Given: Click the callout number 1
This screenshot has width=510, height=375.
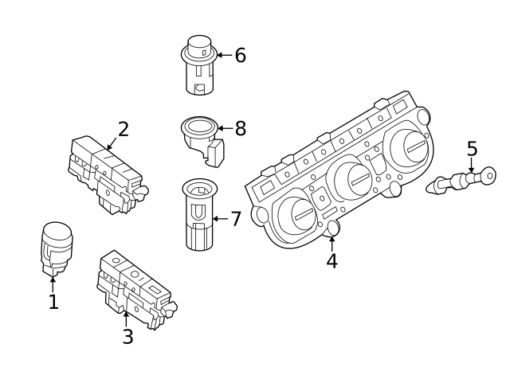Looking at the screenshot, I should coord(53,303).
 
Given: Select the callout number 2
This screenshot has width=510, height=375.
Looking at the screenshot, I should coord(123,128).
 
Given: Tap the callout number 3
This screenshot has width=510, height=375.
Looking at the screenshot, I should coord(127,336).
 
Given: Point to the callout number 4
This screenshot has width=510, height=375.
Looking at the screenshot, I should coord(331,261).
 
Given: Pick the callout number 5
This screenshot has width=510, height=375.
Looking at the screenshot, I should coord(472,148).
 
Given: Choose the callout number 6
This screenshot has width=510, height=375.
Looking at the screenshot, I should coord(239,55).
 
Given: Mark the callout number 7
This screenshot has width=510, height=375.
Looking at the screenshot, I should coord(235,219).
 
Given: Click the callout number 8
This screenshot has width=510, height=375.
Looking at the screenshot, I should coord(240,127).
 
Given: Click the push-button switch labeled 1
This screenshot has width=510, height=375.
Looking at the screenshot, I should coord(55,247).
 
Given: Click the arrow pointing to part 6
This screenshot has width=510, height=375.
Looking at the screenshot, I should coord(223,55).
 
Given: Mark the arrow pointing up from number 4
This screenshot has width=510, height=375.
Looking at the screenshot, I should coord(331,241).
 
